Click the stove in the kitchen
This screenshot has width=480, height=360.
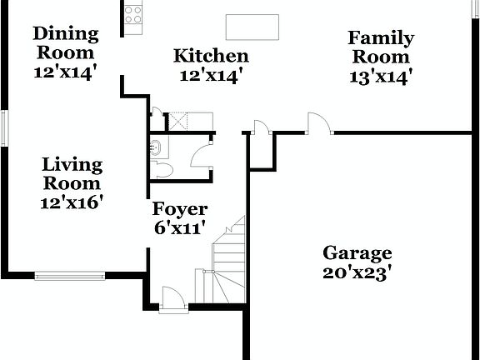point(133,13)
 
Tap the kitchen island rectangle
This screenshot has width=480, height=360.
point(252,27)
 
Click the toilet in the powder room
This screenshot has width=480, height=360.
point(162,171)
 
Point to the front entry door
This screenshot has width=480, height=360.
point(172,300)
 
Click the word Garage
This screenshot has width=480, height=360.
point(357,252)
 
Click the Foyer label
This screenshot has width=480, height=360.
point(179,209)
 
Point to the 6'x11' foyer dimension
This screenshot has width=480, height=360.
point(179,227)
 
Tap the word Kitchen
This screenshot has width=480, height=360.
point(211,57)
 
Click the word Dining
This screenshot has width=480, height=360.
point(66,34)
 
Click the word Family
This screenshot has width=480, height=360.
point(381,37)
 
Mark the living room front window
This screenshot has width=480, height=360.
point(70,275)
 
